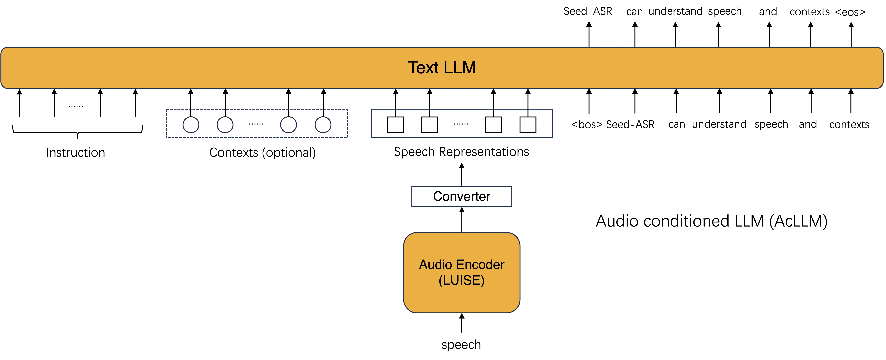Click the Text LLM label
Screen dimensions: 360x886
[x=442, y=67]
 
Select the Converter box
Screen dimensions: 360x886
[x=462, y=196]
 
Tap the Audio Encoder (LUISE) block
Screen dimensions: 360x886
[x=462, y=272]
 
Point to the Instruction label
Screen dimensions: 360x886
[x=75, y=152]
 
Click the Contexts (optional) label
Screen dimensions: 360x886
[x=262, y=152]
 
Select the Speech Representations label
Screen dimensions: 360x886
[x=461, y=152]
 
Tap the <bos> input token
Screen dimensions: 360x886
[x=587, y=124]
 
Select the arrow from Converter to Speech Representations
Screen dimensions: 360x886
[x=462, y=175]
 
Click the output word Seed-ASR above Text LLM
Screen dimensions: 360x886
[x=588, y=11]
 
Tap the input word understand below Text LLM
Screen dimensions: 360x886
[x=719, y=124]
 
